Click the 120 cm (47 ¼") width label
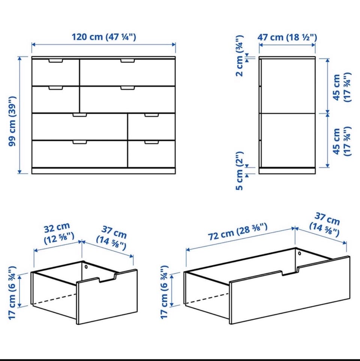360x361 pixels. pyautogui.click(x=104, y=37)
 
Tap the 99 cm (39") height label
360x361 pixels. pyautogui.click(x=12, y=121)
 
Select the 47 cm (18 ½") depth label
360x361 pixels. pyautogui.click(x=287, y=37)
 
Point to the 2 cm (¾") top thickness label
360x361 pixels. pyautogui.click(x=240, y=56)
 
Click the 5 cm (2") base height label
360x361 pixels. pyautogui.click(x=240, y=171)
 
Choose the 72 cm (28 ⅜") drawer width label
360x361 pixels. pyautogui.click(x=238, y=232)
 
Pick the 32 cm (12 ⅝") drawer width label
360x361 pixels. pyautogui.click(x=58, y=233)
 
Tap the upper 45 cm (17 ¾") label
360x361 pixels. pyautogui.click(x=342, y=87)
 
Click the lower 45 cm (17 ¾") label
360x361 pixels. pyautogui.click(x=342, y=141)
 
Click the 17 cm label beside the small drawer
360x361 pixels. pyautogui.click(x=12, y=292)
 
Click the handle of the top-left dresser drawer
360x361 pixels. pyautogui.click(x=55, y=61)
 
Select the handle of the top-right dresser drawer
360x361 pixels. pyautogui.click(x=127, y=61)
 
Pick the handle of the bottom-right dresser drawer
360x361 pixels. pyautogui.click(x=151, y=142)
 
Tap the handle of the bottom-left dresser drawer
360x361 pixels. pyautogui.click(x=79, y=142)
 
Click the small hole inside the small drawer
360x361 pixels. pyautogui.click(x=86, y=267)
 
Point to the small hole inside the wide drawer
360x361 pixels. pyautogui.click(x=300, y=254)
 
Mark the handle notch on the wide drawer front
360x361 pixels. pyautogui.click(x=290, y=271)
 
